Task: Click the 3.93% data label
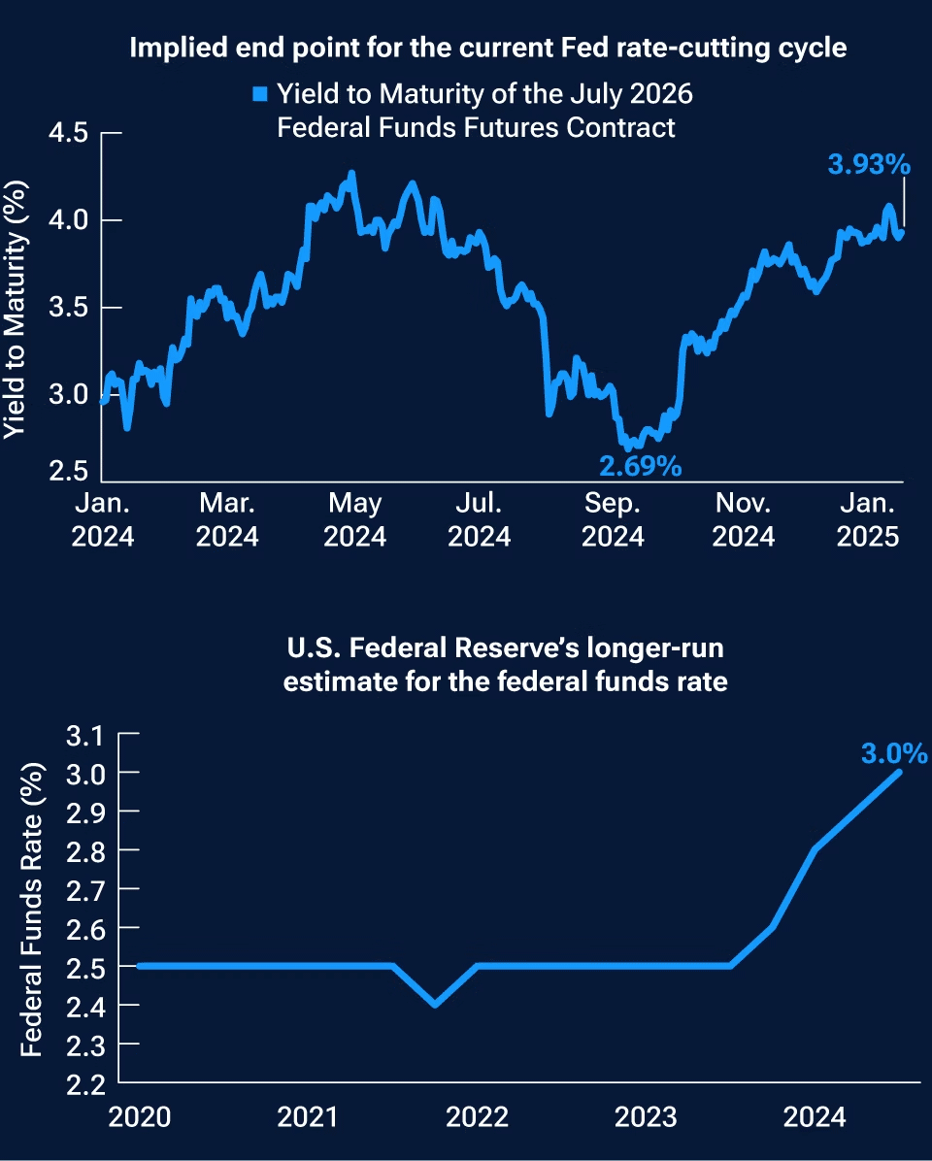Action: coord(868,165)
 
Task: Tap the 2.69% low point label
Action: coord(640,467)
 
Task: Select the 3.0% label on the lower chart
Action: coord(893,753)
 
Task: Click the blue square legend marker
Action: coord(259,95)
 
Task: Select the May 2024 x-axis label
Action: coord(354,520)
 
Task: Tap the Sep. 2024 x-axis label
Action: coord(614,520)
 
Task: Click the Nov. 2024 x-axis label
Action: coord(743,520)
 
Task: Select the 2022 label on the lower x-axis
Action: coord(477,1117)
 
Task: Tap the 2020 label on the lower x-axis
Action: coord(140,1117)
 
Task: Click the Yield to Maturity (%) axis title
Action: coord(14,301)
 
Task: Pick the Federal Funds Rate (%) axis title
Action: coord(31,908)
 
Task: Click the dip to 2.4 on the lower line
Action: coord(434,1004)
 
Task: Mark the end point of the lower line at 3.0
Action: coord(899,773)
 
